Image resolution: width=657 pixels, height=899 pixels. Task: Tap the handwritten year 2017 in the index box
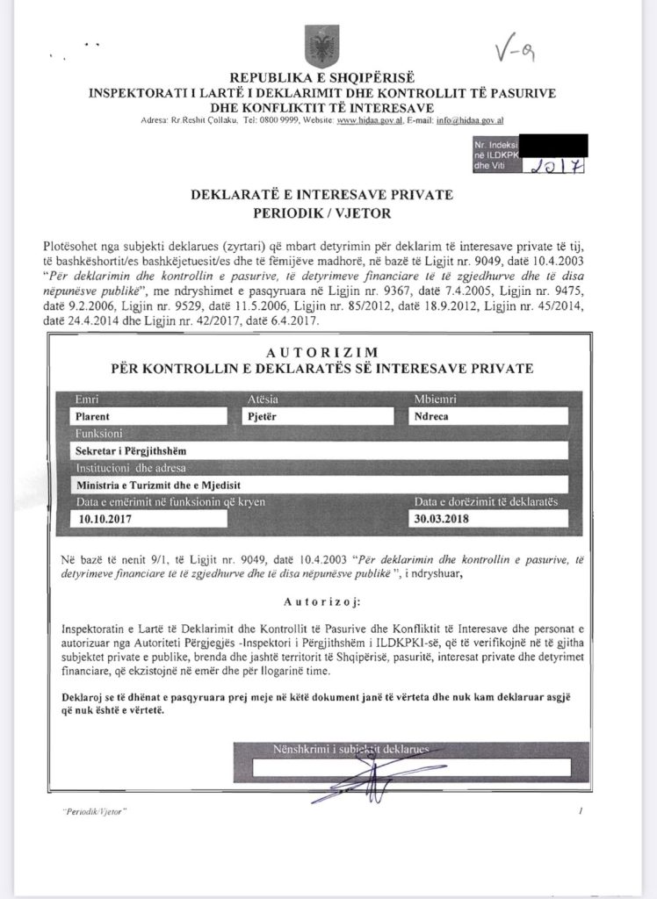coord(558,165)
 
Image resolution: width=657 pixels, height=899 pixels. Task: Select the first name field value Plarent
coord(97,417)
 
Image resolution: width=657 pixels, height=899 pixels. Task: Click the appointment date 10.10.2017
coord(105,518)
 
